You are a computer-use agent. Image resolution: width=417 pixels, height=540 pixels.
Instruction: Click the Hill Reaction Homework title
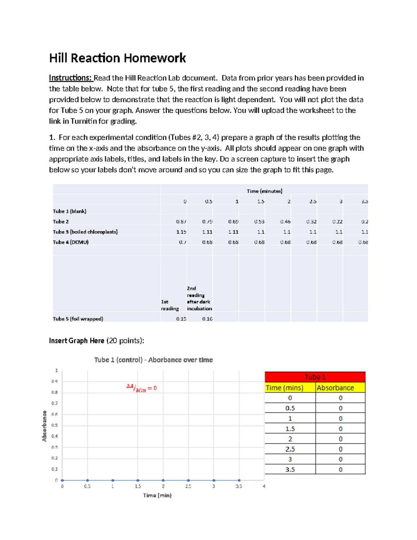tap(117, 58)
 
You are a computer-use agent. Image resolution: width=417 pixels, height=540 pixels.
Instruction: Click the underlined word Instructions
tap(70, 78)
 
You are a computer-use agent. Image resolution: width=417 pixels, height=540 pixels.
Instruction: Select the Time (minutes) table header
tap(264, 191)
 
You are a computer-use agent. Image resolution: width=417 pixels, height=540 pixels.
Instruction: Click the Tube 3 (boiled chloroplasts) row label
tap(85, 232)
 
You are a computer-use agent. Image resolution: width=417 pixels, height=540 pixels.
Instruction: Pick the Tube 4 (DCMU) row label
tap(71, 242)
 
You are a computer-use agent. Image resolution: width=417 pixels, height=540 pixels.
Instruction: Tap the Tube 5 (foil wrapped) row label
tap(78, 319)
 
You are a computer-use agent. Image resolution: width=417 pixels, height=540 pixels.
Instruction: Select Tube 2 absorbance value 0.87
tap(181, 221)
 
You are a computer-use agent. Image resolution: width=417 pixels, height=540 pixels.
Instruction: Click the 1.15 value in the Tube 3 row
tap(181, 232)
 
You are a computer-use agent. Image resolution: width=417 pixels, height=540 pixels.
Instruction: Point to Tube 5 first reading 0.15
tap(181, 319)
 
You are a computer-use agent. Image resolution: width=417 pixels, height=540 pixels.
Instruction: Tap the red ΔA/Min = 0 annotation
tap(141, 388)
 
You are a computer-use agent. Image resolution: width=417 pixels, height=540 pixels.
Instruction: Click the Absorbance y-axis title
tap(44, 426)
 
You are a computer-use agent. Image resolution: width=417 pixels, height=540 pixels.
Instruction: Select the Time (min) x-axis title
tap(157, 495)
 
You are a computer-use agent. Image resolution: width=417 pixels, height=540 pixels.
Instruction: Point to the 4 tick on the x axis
tap(264, 486)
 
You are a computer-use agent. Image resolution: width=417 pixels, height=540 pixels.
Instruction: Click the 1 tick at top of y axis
tap(56, 371)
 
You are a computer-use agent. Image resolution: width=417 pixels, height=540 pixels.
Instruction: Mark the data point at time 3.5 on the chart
tap(239, 480)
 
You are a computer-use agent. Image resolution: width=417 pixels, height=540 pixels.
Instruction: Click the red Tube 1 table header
tap(315, 377)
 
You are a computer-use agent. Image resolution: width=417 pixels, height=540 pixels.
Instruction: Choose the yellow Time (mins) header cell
tap(290, 388)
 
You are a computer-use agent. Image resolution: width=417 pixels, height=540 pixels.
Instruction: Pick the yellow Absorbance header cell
tap(340, 388)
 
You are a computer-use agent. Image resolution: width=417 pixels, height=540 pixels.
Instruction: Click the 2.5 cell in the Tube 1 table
tap(290, 449)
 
